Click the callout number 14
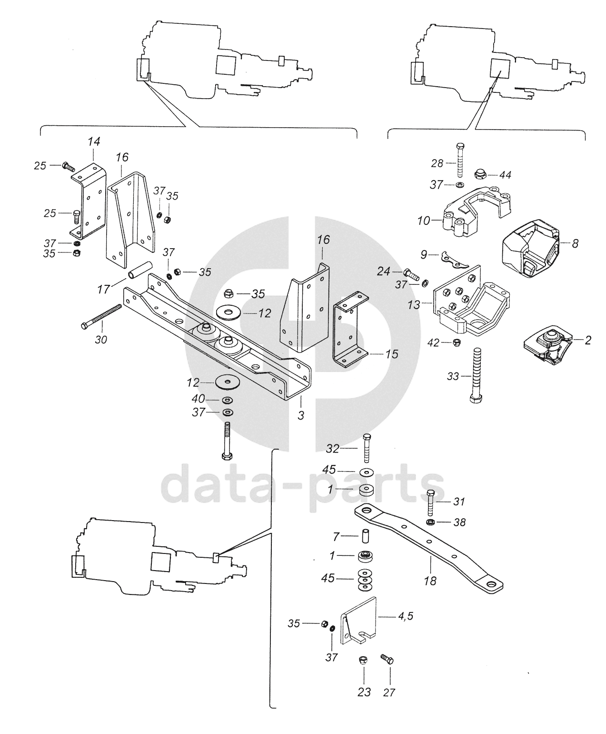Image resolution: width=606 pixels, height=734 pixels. pyautogui.click(x=94, y=141)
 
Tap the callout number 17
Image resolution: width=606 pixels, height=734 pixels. pyautogui.click(x=104, y=289)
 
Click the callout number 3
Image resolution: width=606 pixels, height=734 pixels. pyautogui.click(x=301, y=415)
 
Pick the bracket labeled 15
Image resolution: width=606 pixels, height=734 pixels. pyautogui.click(x=350, y=329)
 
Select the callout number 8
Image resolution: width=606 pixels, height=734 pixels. pyautogui.click(x=575, y=243)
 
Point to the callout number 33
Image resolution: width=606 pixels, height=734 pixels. pyautogui.click(x=453, y=376)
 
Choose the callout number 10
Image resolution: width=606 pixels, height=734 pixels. pyautogui.click(x=424, y=221)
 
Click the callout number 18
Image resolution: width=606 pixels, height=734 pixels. pyautogui.click(x=430, y=581)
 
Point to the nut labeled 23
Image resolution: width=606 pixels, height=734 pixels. pyautogui.click(x=363, y=661)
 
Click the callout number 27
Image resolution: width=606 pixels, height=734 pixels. pyautogui.click(x=389, y=693)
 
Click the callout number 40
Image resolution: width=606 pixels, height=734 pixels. pyautogui.click(x=198, y=399)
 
